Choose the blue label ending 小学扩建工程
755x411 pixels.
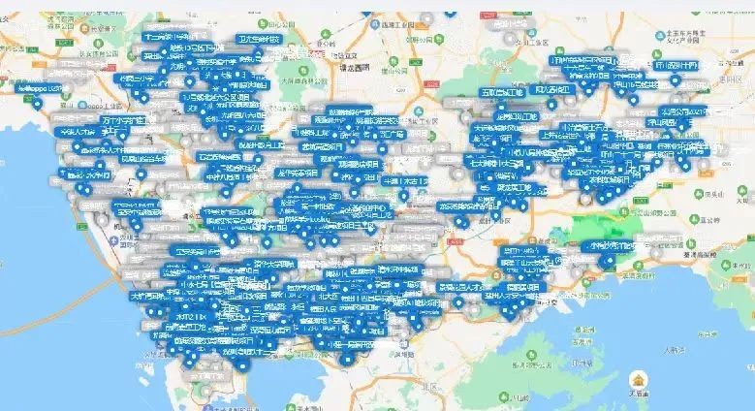tap(126, 119)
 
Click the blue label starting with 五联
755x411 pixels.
tap(495, 91)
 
